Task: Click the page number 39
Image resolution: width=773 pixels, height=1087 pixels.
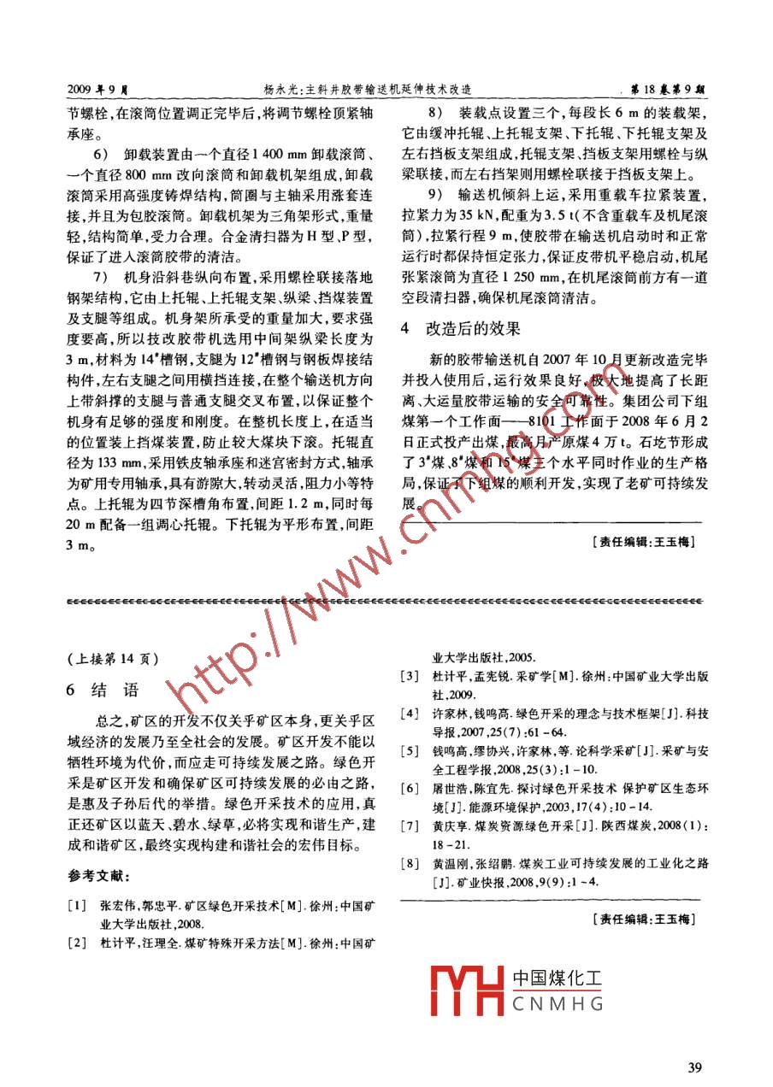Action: [693, 1066]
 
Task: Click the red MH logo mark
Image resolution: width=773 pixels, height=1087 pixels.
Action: [468, 990]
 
